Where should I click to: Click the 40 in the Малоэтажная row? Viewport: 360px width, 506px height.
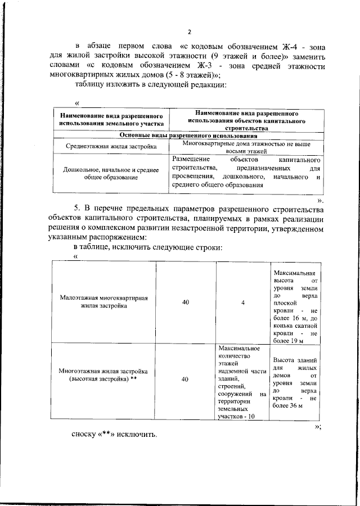pyautogui.click(x=185, y=302)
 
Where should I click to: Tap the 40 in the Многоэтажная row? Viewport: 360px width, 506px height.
pyautogui.click(x=185, y=379)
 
